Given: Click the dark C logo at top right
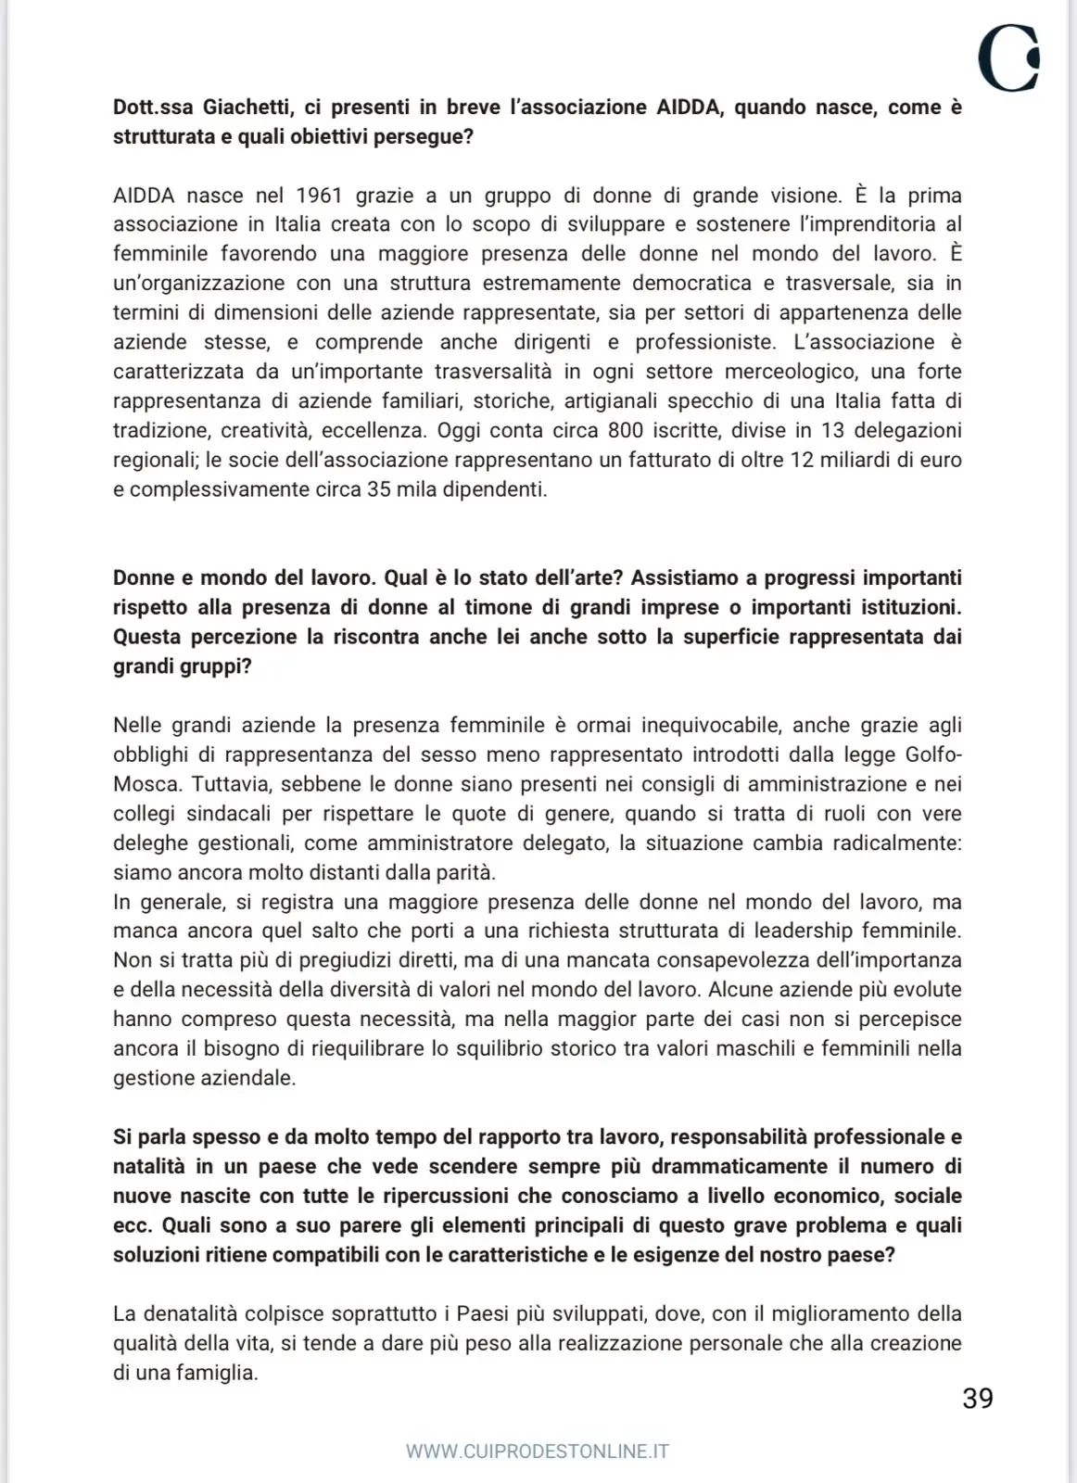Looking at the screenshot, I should point(1008,58).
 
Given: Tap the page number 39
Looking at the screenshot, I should point(978,1399).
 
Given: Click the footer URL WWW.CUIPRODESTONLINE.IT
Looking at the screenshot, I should point(538,1451).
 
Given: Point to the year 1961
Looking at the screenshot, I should point(319,196).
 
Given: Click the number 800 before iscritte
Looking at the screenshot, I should point(626,430).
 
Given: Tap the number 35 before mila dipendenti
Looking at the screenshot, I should point(379,489).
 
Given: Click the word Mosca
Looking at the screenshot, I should point(146,784).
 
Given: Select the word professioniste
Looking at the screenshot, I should point(705,342).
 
